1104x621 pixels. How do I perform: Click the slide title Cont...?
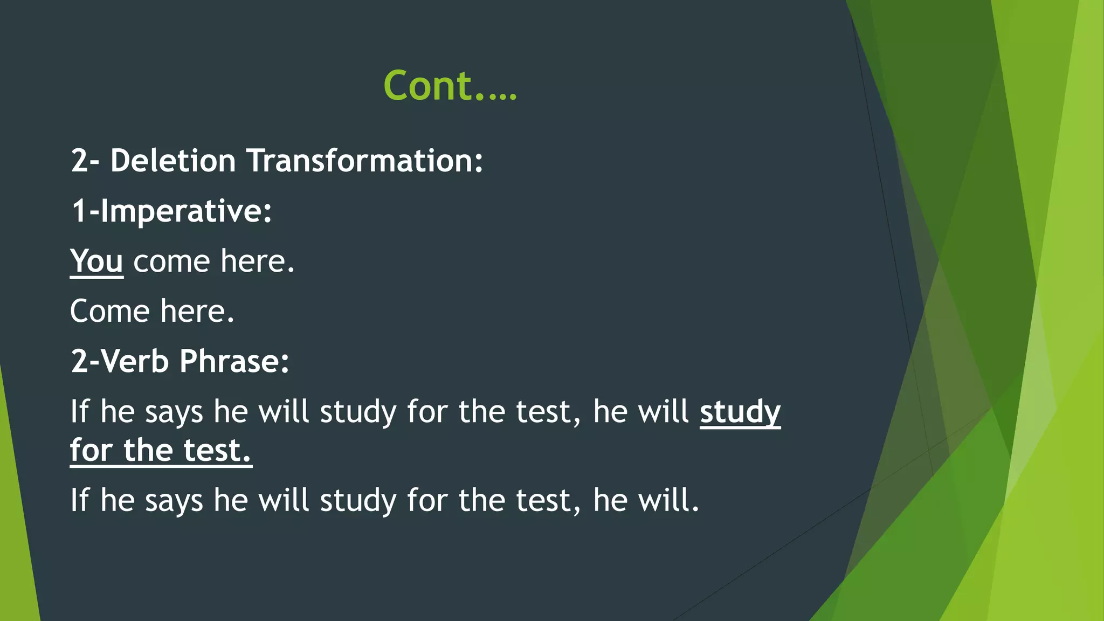(x=450, y=86)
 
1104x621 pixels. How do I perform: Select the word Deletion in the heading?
(x=173, y=161)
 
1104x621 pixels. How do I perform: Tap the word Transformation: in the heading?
(x=364, y=161)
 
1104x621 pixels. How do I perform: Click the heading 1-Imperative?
(x=171, y=211)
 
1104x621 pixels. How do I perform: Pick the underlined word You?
(x=96, y=261)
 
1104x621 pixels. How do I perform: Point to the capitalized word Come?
(x=109, y=312)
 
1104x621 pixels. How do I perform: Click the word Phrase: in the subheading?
(x=234, y=361)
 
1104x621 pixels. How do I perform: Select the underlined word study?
(x=740, y=412)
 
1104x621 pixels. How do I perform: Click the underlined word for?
(x=91, y=451)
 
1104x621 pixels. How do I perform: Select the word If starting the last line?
(x=79, y=500)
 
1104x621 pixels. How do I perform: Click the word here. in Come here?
(x=197, y=312)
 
